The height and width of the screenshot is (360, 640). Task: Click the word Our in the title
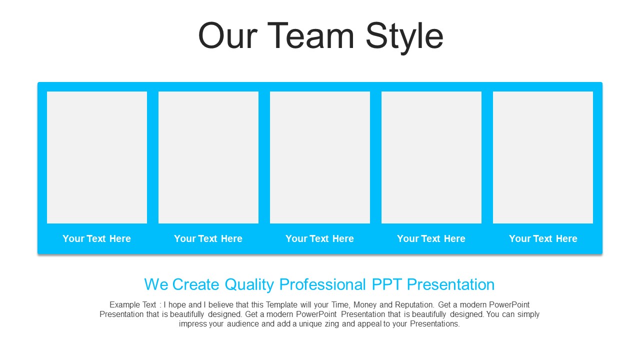point(228,36)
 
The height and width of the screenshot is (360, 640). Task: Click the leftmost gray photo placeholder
point(97,157)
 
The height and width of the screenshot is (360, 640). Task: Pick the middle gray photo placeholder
point(320,157)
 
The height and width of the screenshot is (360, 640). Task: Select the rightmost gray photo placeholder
point(543,157)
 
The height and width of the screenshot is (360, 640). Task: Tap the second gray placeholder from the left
point(208,157)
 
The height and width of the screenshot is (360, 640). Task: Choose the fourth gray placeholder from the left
point(431,157)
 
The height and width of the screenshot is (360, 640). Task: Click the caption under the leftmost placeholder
point(97,238)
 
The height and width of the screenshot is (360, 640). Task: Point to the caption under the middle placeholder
point(319,238)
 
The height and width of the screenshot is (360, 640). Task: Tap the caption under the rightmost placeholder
point(543,238)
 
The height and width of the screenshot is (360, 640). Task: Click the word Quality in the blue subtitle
point(249,285)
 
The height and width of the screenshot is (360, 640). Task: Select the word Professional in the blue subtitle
point(322,284)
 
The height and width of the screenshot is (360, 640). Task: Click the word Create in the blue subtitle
point(195,284)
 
